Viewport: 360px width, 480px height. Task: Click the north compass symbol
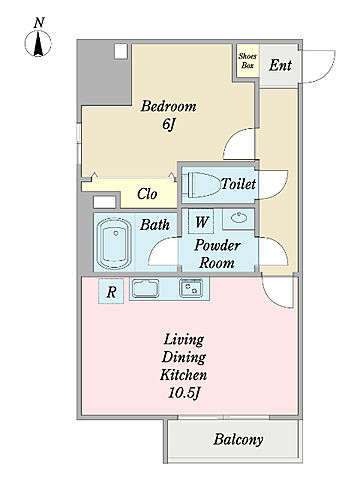coord(38,43)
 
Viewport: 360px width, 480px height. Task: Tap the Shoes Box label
coord(247,61)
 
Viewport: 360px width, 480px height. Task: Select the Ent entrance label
coord(280,65)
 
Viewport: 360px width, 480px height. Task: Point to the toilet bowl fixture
coord(202,185)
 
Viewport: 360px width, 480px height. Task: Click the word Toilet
coord(238,184)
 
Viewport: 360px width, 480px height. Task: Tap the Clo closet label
coord(147,194)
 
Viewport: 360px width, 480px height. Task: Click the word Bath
coord(155,225)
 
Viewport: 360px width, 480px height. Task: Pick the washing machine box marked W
coord(201,221)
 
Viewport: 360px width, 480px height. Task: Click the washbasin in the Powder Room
coord(239,218)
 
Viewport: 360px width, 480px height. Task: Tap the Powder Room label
coord(217,254)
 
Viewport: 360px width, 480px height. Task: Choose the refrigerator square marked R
coord(111,291)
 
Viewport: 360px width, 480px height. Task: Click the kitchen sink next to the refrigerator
coord(145,288)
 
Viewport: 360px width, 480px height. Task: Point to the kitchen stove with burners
coord(191,288)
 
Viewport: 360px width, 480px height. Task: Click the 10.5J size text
coord(184,393)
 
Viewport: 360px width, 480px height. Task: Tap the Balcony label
coord(238,439)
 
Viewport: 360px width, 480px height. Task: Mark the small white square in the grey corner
coord(121,52)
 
